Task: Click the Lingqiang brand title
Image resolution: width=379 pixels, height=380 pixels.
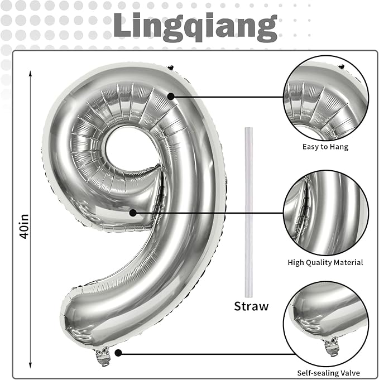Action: (x=195, y=25)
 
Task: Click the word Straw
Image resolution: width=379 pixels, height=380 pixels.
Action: (x=251, y=306)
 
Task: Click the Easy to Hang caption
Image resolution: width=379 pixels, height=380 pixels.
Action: (x=325, y=147)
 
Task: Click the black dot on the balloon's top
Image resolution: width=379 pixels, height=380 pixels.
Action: (x=171, y=97)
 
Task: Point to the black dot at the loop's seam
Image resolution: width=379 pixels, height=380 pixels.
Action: (x=132, y=212)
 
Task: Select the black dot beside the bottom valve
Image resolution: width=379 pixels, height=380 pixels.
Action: (x=118, y=353)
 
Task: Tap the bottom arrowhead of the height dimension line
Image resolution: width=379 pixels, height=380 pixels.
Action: (x=31, y=362)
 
